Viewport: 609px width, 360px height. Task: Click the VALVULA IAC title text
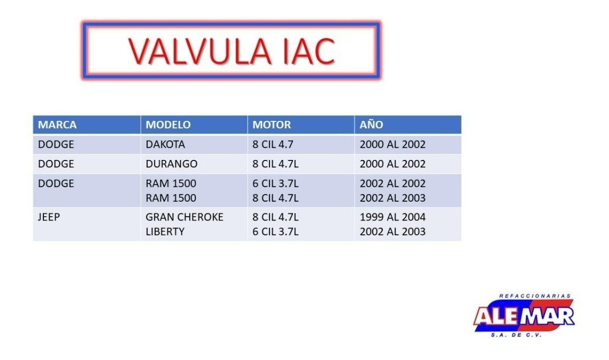coord(232,51)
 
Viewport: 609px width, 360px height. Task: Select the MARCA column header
coord(57,125)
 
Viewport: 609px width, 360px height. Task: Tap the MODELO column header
coord(168,125)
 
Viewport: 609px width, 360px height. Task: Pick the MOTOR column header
coord(272,125)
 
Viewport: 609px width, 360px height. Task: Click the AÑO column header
coord(371,125)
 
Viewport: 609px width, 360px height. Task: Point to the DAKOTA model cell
coord(165,144)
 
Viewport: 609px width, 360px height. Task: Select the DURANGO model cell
coord(171,164)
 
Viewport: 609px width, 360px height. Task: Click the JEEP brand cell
coord(49,217)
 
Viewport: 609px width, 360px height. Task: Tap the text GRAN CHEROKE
coord(184,217)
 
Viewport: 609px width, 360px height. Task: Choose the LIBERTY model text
coord(165,232)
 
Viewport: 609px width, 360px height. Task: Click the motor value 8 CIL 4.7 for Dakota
coord(273,144)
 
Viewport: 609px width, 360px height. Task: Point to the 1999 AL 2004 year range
coord(392,217)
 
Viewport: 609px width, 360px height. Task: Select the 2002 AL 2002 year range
coord(392,183)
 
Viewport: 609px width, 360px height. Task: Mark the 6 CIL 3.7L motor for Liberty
coord(275,232)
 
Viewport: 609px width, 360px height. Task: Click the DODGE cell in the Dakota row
coord(56,144)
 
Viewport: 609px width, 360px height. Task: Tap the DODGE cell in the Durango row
coord(56,164)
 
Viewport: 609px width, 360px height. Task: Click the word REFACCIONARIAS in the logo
coord(535,296)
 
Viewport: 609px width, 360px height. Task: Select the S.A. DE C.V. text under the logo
coord(516,335)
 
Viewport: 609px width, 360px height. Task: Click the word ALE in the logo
coord(496,316)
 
